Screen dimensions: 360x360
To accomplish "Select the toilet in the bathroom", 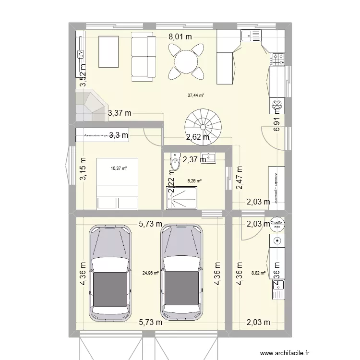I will point(174,164).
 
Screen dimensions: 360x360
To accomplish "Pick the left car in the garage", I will point(110,272).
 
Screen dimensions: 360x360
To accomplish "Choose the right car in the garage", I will point(182,272).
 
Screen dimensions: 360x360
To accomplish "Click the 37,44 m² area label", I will point(195,96).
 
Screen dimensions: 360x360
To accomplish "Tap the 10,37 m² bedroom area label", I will point(119,168).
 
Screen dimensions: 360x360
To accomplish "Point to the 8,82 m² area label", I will point(258,273).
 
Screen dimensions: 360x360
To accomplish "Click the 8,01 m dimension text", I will point(180,36).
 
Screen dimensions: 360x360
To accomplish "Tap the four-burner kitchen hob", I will point(277,59).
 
